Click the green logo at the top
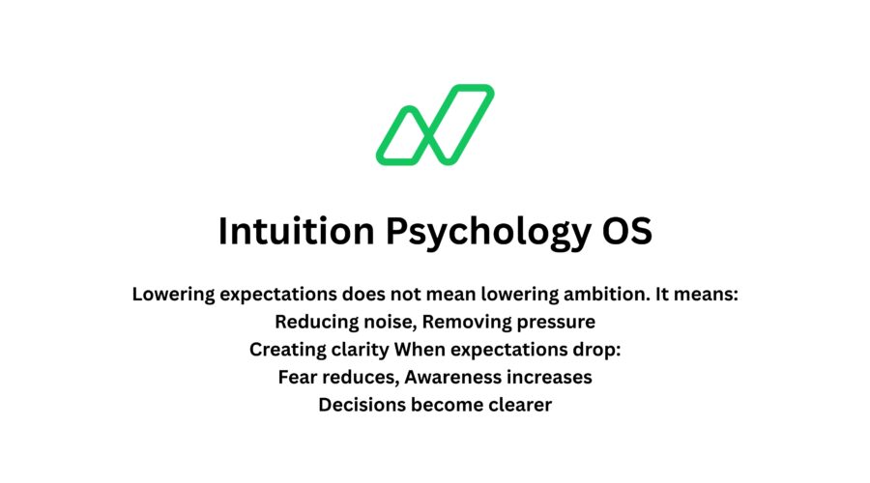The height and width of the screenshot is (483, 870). point(435,125)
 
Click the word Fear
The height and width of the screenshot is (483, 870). point(297,378)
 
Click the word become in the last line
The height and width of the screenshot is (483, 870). point(442,405)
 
